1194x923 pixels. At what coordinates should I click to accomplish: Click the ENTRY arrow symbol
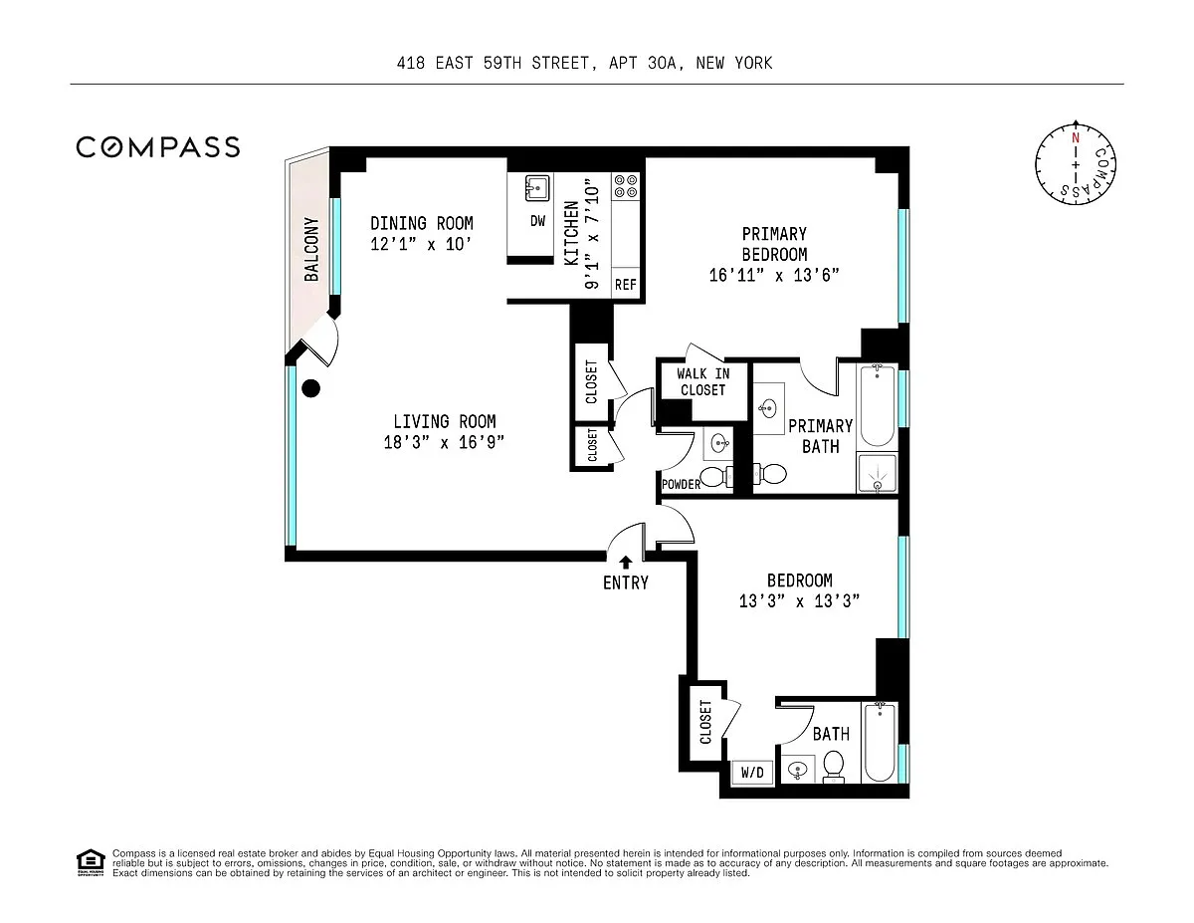pyautogui.click(x=625, y=562)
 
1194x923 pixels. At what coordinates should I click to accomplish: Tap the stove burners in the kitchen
pyautogui.click(x=626, y=186)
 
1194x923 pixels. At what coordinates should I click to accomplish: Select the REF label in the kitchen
pyautogui.click(x=625, y=285)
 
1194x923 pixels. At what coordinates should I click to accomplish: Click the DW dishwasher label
pyautogui.click(x=537, y=221)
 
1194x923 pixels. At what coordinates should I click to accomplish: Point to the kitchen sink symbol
pyautogui.click(x=537, y=188)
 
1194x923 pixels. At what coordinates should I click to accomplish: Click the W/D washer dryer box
pyautogui.click(x=752, y=773)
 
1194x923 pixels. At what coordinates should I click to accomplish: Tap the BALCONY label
pyautogui.click(x=311, y=249)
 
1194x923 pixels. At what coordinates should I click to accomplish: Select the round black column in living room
pyautogui.click(x=311, y=388)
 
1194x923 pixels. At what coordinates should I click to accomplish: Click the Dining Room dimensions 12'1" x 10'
pyautogui.click(x=421, y=244)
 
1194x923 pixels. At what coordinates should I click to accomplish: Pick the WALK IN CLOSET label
pyautogui.click(x=703, y=382)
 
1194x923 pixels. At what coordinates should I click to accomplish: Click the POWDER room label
pyautogui.click(x=682, y=484)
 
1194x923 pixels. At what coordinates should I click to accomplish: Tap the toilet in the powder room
pyautogui.click(x=716, y=477)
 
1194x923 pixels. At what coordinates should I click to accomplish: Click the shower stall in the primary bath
pyautogui.click(x=877, y=473)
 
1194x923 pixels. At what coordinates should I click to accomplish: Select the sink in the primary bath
pyautogui.click(x=767, y=408)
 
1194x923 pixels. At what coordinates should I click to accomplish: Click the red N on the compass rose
pyautogui.click(x=1076, y=138)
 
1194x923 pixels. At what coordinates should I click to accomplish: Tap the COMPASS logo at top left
pyautogui.click(x=158, y=147)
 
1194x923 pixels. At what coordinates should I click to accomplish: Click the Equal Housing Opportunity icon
pyautogui.click(x=91, y=862)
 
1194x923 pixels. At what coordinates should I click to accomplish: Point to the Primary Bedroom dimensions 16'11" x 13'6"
pyautogui.click(x=774, y=275)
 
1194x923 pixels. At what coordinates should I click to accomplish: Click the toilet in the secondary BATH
pyautogui.click(x=834, y=767)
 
